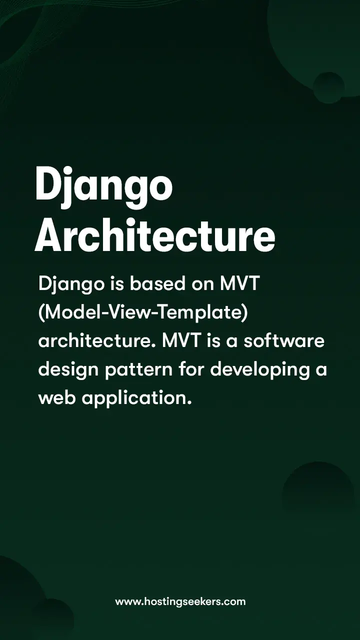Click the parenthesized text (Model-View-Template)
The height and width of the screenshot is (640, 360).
point(143,313)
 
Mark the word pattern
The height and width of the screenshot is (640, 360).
point(139,370)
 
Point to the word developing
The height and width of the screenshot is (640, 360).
point(260,370)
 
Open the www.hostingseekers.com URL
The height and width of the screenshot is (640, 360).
point(180,601)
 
